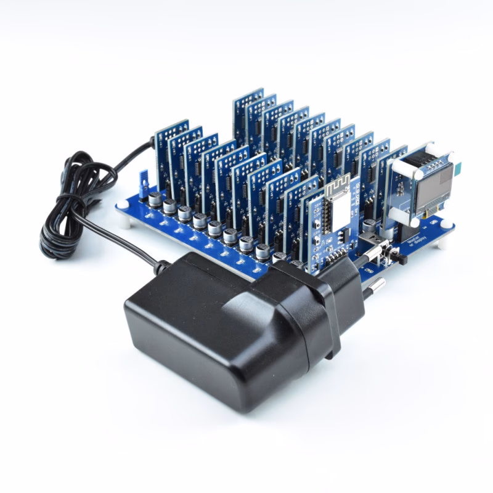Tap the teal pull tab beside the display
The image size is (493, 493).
[x=460, y=169]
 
